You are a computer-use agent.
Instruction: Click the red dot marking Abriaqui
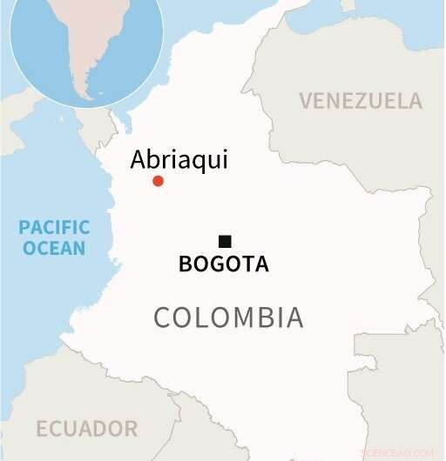158,181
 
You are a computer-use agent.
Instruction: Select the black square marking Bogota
225,241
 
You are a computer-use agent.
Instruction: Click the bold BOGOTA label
224,264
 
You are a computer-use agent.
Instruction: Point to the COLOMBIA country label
228,317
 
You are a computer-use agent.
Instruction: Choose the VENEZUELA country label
361,101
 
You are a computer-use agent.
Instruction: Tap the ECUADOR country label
86,429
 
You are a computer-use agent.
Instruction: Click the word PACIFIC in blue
54,228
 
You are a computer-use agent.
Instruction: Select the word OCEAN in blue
54,249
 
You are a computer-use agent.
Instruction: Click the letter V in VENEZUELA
306,101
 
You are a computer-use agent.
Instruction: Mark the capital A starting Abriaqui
139,159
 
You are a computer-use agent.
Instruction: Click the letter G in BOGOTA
215,264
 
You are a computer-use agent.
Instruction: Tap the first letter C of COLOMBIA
162,317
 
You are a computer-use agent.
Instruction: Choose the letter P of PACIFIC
24,228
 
